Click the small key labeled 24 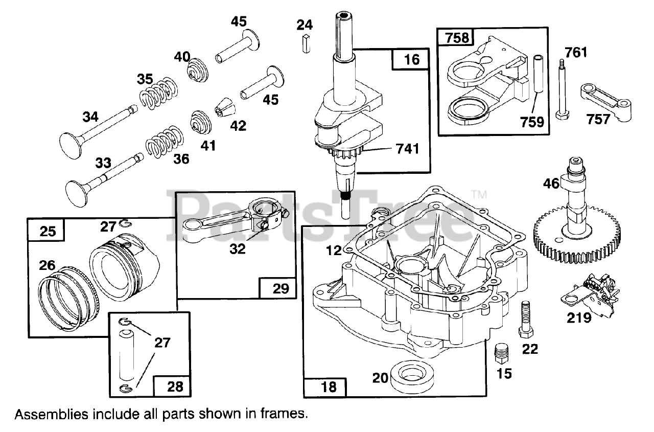click(306, 43)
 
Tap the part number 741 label click(407, 149)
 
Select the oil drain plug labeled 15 click(502, 353)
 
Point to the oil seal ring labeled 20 click(412, 377)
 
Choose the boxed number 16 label click(411, 60)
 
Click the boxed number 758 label click(457, 38)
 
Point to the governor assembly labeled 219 click(590, 296)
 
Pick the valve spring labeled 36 click(165, 142)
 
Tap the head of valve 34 click(70, 146)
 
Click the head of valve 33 click(77, 194)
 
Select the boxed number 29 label click(281, 288)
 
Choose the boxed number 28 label click(175, 386)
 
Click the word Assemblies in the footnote click(52, 414)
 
